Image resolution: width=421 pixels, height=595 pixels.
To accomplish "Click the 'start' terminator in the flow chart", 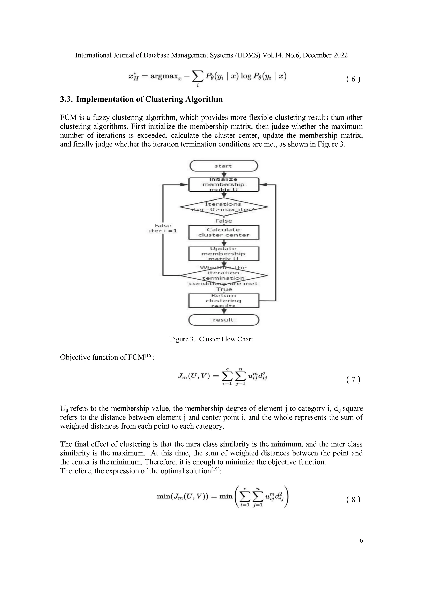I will pos(223,166).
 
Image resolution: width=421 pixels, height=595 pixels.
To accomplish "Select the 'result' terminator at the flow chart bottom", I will pos(223,320).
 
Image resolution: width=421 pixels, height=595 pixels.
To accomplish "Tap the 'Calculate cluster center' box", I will pos(223,232).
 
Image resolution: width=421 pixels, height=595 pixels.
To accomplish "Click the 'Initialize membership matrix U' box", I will pos(223,184).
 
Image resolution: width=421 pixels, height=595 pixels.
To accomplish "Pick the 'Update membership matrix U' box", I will pos(223,254).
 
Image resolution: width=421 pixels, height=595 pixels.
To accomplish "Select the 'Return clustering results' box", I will pos(223,301).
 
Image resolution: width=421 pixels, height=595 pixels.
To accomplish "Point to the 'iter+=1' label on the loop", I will pos(163,231).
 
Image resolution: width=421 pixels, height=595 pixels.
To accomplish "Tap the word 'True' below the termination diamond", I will pos(224,289).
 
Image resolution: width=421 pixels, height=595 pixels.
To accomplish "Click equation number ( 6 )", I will pos(353,79).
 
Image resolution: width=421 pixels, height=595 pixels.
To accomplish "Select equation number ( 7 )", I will pos(353,380).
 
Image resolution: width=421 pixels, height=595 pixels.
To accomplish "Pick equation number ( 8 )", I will pos(353,499).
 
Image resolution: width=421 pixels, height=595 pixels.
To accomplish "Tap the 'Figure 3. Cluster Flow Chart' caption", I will pos(211,339).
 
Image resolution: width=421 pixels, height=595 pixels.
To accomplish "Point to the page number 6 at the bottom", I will pos(361,540).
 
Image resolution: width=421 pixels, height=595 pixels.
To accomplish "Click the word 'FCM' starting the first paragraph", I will pos(68,118).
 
